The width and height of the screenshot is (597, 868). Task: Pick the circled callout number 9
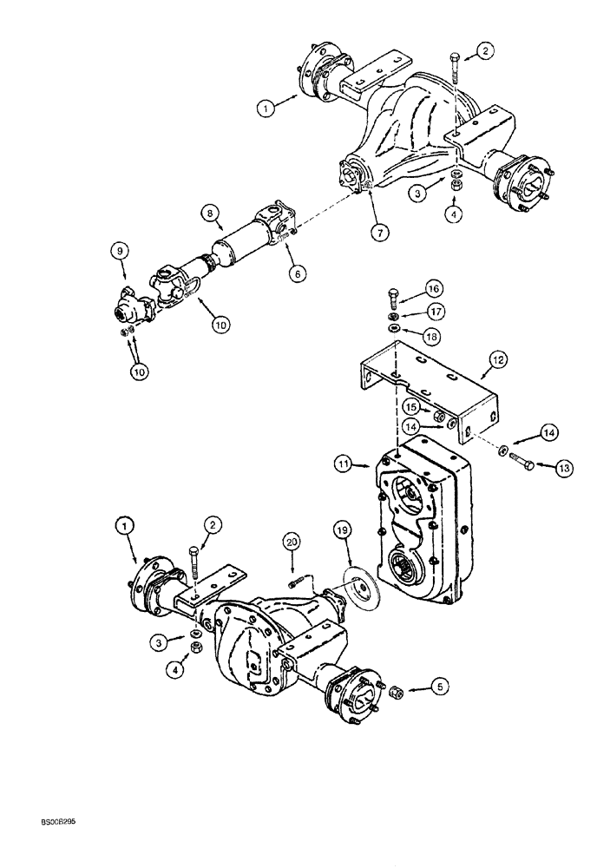coord(121,250)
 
